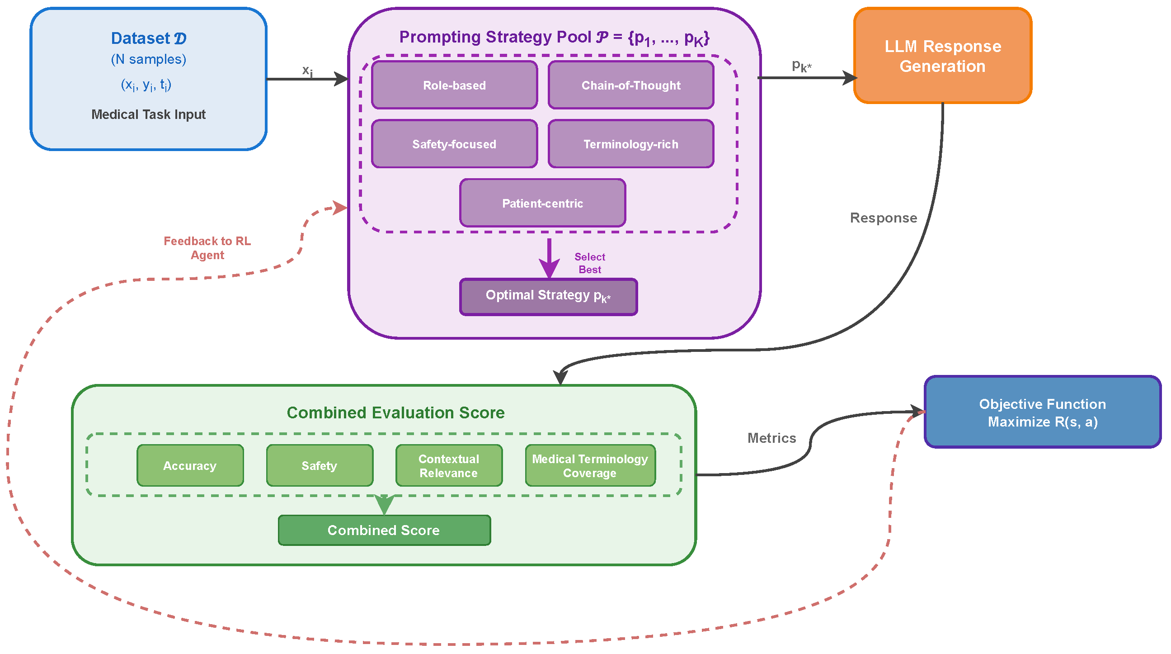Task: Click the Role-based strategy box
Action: click(x=454, y=85)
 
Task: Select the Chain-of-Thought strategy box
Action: click(x=630, y=85)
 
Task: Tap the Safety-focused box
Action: click(x=454, y=144)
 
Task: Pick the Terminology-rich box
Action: click(x=630, y=144)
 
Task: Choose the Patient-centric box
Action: click(x=542, y=203)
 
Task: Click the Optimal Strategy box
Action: click(x=548, y=296)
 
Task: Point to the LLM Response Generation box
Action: click(x=942, y=56)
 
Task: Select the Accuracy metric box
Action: click(x=190, y=466)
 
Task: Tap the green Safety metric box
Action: click(x=320, y=466)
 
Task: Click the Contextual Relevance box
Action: click(x=449, y=466)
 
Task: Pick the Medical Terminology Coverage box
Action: click(x=590, y=466)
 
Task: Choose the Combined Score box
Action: click(x=384, y=530)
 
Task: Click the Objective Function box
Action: click(x=1042, y=412)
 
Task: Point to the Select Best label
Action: click(x=590, y=263)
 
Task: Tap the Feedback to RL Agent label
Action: click(x=207, y=248)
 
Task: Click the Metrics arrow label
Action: click(x=772, y=438)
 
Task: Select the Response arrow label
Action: click(x=883, y=218)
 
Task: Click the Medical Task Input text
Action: click(x=148, y=114)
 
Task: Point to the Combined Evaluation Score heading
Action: click(x=395, y=412)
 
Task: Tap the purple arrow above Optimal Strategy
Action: click(x=549, y=258)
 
